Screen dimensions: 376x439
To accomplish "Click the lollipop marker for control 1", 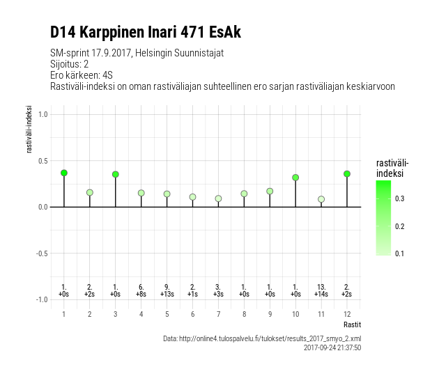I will coord(64,173).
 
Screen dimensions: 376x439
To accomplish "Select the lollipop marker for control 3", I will coord(116,174).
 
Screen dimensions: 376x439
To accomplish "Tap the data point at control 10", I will coord(295,178).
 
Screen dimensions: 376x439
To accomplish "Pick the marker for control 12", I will coord(347,173).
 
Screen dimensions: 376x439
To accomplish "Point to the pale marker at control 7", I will coord(218,198).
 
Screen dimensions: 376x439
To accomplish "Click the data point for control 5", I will coord(167,194).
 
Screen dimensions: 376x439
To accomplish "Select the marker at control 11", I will coord(321,199).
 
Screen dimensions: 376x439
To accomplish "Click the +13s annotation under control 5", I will coord(167,294).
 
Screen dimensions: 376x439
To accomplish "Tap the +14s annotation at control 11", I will coord(321,294).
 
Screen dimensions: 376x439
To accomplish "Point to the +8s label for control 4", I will coord(141,294).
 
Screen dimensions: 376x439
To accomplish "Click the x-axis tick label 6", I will coord(192,314).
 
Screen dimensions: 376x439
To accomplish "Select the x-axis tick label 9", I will coord(270,314).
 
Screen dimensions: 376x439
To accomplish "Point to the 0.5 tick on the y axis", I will coord(43,161).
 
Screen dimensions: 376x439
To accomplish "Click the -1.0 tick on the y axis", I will coord(42,299).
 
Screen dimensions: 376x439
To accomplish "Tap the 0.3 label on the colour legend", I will coord(400,198).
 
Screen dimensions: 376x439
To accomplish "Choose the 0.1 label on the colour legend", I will coord(400,253).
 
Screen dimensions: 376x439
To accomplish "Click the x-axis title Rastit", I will coord(352,325).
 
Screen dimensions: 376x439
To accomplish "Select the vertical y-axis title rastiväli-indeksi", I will coord(29,129).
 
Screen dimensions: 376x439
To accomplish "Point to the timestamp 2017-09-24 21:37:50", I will coord(332,347).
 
